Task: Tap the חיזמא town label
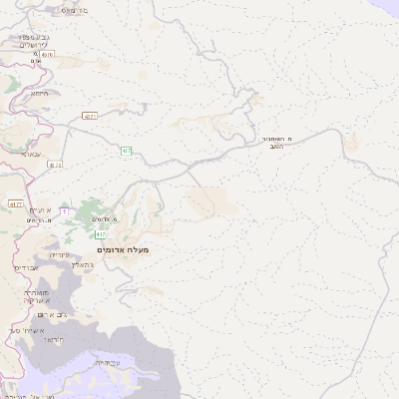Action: [39, 93]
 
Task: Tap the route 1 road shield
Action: [64, 210]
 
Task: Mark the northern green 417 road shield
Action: [128, 151]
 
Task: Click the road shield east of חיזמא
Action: [91, 117]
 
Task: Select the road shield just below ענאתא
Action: [54, 165]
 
